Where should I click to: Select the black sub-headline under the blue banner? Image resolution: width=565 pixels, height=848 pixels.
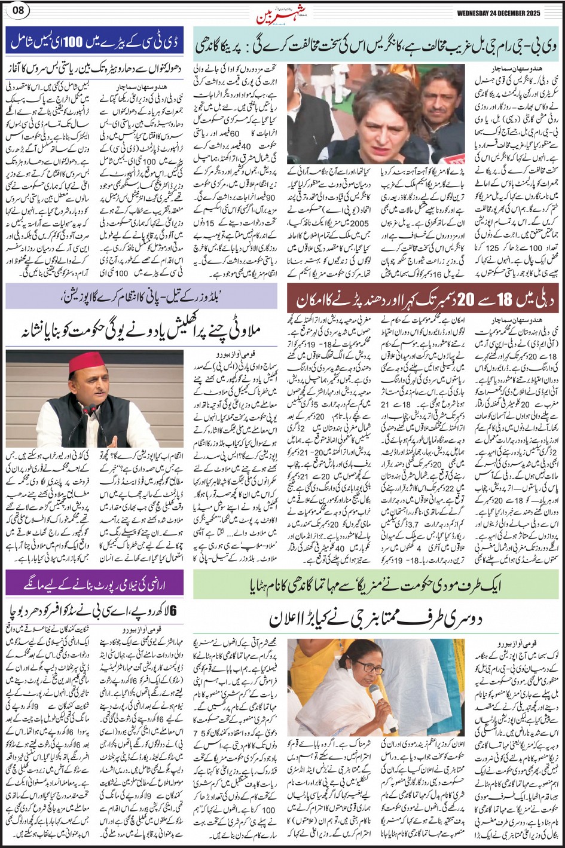point(94,69)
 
